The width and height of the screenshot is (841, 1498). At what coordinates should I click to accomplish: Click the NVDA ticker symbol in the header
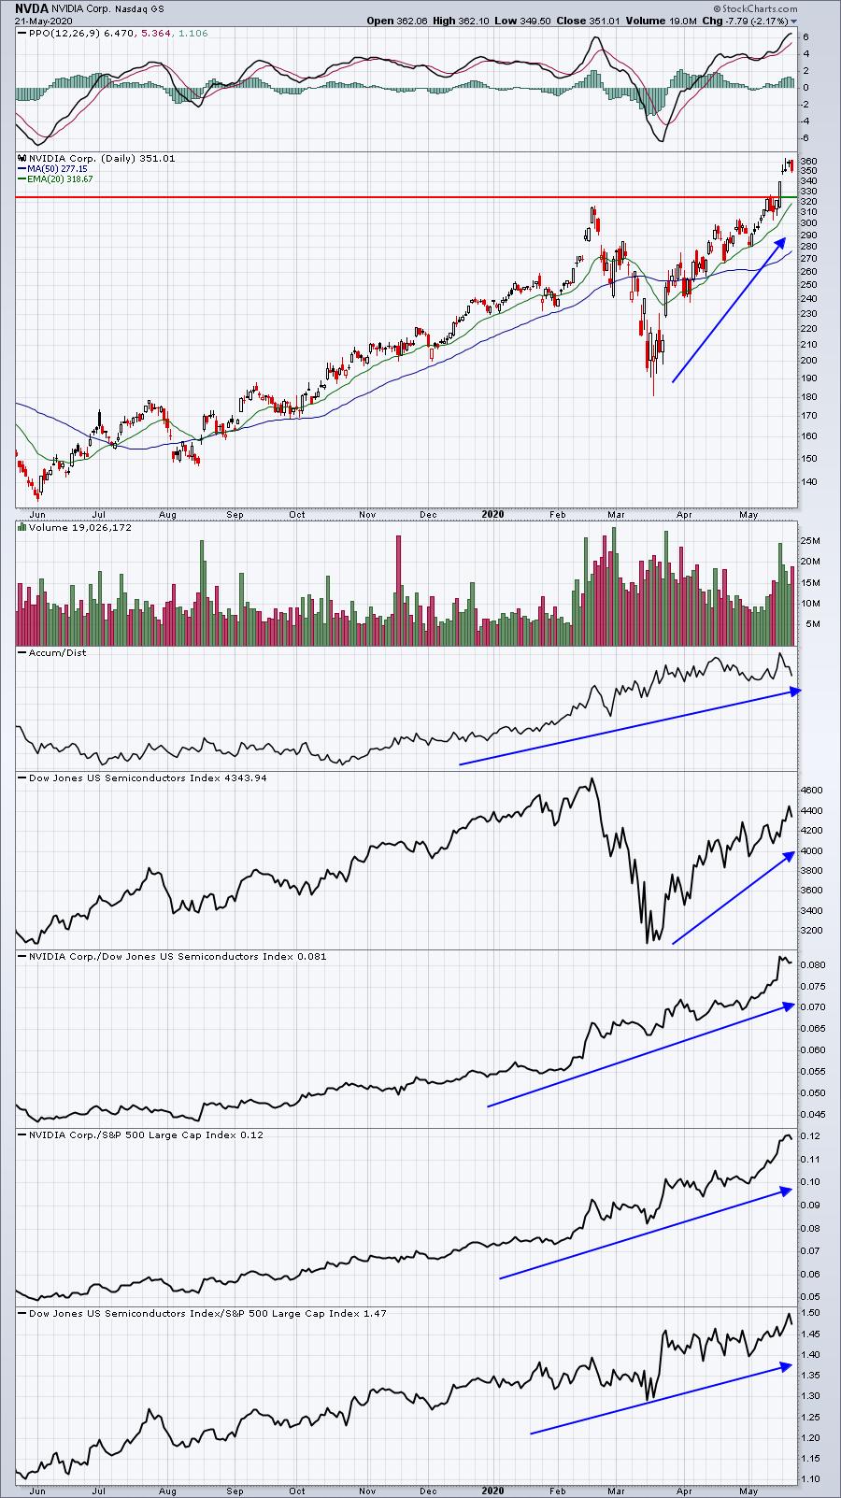(x=31, y=7)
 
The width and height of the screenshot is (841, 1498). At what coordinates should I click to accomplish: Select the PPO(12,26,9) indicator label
(x=65, y=34)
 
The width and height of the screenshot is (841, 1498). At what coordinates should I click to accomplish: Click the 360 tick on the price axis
(x=809, y=162)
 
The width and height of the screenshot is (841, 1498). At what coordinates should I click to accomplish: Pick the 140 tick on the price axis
(x=809, y=482)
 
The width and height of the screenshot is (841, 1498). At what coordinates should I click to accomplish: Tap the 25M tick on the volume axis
(x=809, y=541)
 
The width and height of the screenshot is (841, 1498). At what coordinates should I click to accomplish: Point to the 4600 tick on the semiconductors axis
(x=812, y=790)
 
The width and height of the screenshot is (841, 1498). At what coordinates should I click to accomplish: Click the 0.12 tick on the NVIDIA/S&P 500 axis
(x=809, y=1136)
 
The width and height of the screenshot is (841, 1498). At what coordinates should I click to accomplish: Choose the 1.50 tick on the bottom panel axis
(x=809, y=1313)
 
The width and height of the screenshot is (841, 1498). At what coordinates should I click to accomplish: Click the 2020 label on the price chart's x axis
(x=493, y=514)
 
